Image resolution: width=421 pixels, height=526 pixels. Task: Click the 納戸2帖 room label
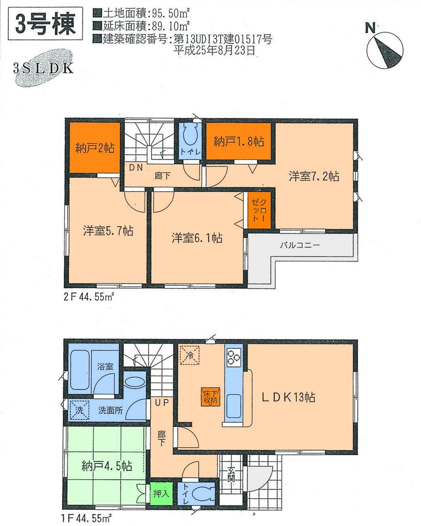pos(95,149)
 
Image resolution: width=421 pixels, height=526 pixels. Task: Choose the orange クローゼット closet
pos(258,211)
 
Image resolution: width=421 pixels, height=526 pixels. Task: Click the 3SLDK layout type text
pos(43,68)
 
